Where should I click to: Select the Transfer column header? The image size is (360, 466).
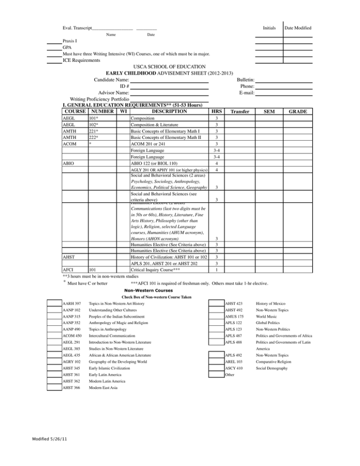[x=240, y=112]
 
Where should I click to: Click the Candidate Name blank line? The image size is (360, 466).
[x=169, y=81]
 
